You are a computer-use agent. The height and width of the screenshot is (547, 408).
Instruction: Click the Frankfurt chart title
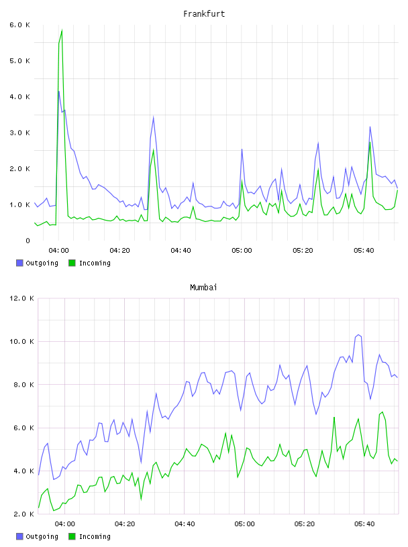click(x=204, y=14)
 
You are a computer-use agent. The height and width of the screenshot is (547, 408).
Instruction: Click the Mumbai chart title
click(x=203, y=288)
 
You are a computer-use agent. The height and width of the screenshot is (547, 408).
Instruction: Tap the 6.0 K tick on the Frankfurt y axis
click(x=19, y=25)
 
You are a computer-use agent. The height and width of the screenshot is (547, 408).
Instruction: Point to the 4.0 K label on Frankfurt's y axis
click(x=19, y=97)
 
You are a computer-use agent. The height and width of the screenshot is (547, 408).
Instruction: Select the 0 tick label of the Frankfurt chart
click(x=28, y=241)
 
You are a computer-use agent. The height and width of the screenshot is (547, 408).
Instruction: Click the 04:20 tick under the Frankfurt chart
click(x=119, y=251)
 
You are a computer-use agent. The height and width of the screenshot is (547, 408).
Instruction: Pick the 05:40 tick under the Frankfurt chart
click(x=364, y=251)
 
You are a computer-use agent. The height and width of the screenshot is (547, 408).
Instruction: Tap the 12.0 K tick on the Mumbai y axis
click(x=21, y=298)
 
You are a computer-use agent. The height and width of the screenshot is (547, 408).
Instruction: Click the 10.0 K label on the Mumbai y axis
click(x=21, y=341)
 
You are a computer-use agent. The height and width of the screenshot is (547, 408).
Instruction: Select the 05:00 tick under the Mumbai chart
click(x=244, y=524)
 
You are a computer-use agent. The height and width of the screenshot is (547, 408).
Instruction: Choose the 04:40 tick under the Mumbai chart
click(x=185, y=524)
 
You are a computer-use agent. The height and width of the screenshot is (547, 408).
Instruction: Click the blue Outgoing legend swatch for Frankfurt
click(x=19, y=263)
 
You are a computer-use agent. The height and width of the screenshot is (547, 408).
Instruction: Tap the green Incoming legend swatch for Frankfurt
click(x=72, y=263)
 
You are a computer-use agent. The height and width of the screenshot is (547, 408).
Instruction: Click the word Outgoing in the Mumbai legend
click(x=42, y=536)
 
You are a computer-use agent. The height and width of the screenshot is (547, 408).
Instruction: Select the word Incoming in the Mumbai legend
click(x=95, y=536)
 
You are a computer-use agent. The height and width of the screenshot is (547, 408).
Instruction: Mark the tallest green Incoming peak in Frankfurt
click(x=62, y=30)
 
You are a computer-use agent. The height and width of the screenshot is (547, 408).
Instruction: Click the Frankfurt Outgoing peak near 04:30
click(x=154, y=117)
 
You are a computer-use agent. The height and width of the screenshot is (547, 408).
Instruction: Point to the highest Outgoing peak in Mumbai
click(x=358, y=335)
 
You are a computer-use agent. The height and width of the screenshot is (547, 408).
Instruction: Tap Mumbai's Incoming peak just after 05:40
click(x=382, y=412)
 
